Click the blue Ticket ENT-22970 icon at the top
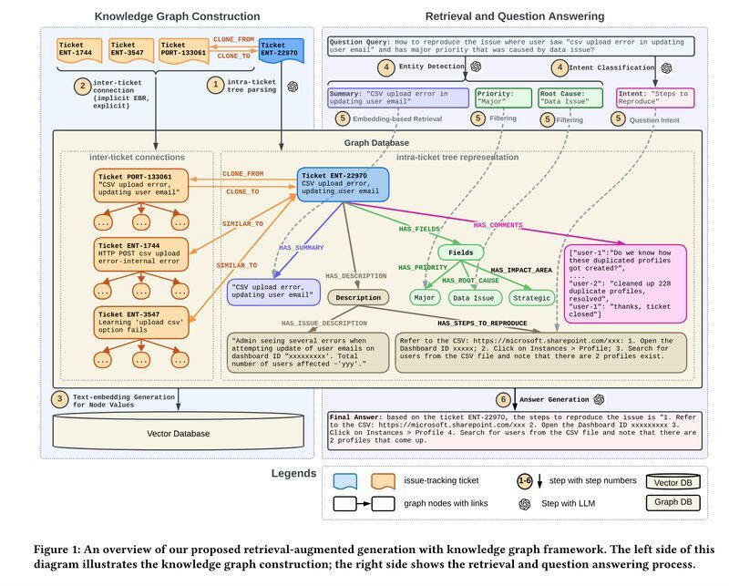pos(281,50)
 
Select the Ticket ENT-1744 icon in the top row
pos(79,50)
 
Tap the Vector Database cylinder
pos(178,430)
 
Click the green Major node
pos(425,298)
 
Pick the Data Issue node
pos(473,298)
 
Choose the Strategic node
pos(531,298)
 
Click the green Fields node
pos(460,252)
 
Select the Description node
pos(358,298)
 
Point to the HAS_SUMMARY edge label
pos(301,247)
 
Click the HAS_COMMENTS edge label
pos(498,225)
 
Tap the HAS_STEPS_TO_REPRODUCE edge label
pos(482,324)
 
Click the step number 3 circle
pos(59,399)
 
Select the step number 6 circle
pos(503,399)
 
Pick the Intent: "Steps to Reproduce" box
pos(655,98)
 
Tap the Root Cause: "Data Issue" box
pos(570,98)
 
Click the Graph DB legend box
pos(673,502)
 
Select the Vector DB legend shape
pos(673,482)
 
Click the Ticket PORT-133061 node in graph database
pos(141,185)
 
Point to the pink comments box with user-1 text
pos(625,283)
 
